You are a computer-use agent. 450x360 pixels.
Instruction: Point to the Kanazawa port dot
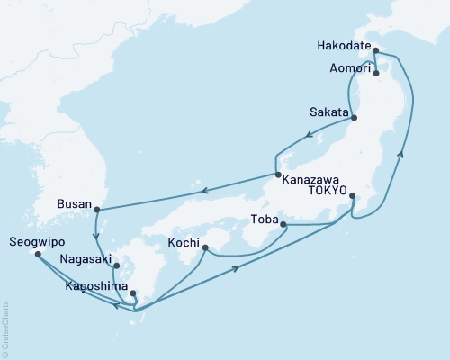point(278,175)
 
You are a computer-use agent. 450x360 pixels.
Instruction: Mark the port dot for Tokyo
point(352,195)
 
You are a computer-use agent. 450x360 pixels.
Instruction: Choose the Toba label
point(263,217)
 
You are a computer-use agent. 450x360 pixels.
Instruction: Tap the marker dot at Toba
point(283,224)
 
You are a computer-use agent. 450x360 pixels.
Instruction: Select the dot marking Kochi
point(205,248)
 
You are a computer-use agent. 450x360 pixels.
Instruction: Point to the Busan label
point(73,202)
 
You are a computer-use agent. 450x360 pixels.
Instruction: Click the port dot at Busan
point(96,211)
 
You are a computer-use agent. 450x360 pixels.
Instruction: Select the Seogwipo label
point(34,241)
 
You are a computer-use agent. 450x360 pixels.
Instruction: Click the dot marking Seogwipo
point(38,254)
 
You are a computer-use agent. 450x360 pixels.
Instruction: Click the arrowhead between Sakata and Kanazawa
point(310,137)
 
